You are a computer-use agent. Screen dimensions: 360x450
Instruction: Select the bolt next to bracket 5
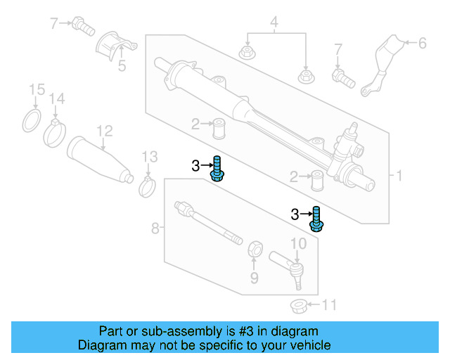click(x=84, y=28)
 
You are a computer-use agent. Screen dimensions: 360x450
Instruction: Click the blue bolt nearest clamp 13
click(x=217, y=169)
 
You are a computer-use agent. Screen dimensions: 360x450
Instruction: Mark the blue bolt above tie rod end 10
click(x=317, y=220)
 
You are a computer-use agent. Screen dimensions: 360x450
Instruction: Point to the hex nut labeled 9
click(x=256, y=249)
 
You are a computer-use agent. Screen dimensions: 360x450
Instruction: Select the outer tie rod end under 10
click(x=294, y=270)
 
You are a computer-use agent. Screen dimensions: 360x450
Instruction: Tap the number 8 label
click(x=156, y=228)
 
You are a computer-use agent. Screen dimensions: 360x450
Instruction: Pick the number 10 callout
click(x=298, y=243)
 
